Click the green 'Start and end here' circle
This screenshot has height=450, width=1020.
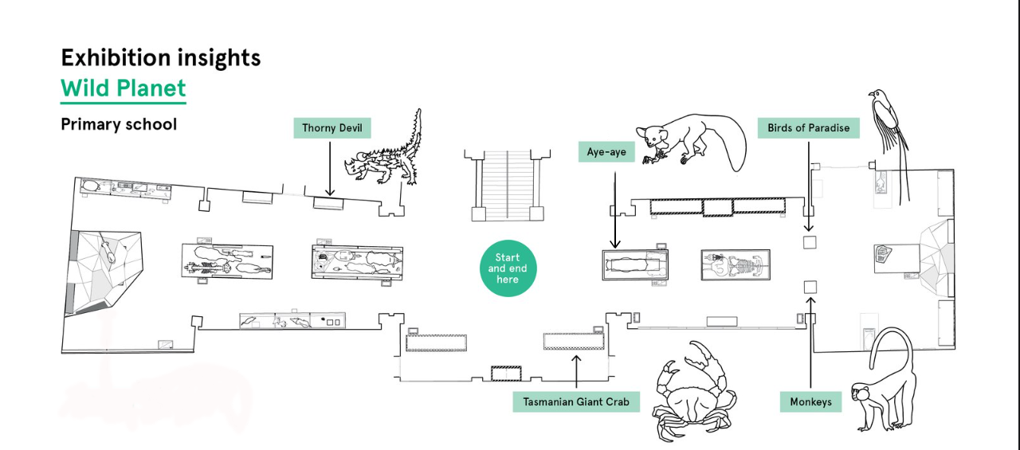point(508,268)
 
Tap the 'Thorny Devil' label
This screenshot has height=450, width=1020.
point(331,128)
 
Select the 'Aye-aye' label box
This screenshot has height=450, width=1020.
point(606,151)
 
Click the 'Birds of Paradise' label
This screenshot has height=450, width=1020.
point(808,127)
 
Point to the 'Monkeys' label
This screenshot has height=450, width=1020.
point(810,401)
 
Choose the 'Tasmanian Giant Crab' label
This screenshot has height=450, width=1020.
point(575,401)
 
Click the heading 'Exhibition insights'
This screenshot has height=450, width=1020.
point(160,57)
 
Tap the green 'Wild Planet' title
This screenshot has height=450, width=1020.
point(123,88)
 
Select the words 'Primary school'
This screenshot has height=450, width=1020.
point(119,124)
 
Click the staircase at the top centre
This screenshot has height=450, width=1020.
point(508,186)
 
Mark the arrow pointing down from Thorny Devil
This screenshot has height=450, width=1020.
point(330,167)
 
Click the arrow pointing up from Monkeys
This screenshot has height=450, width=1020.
point(810,342)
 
